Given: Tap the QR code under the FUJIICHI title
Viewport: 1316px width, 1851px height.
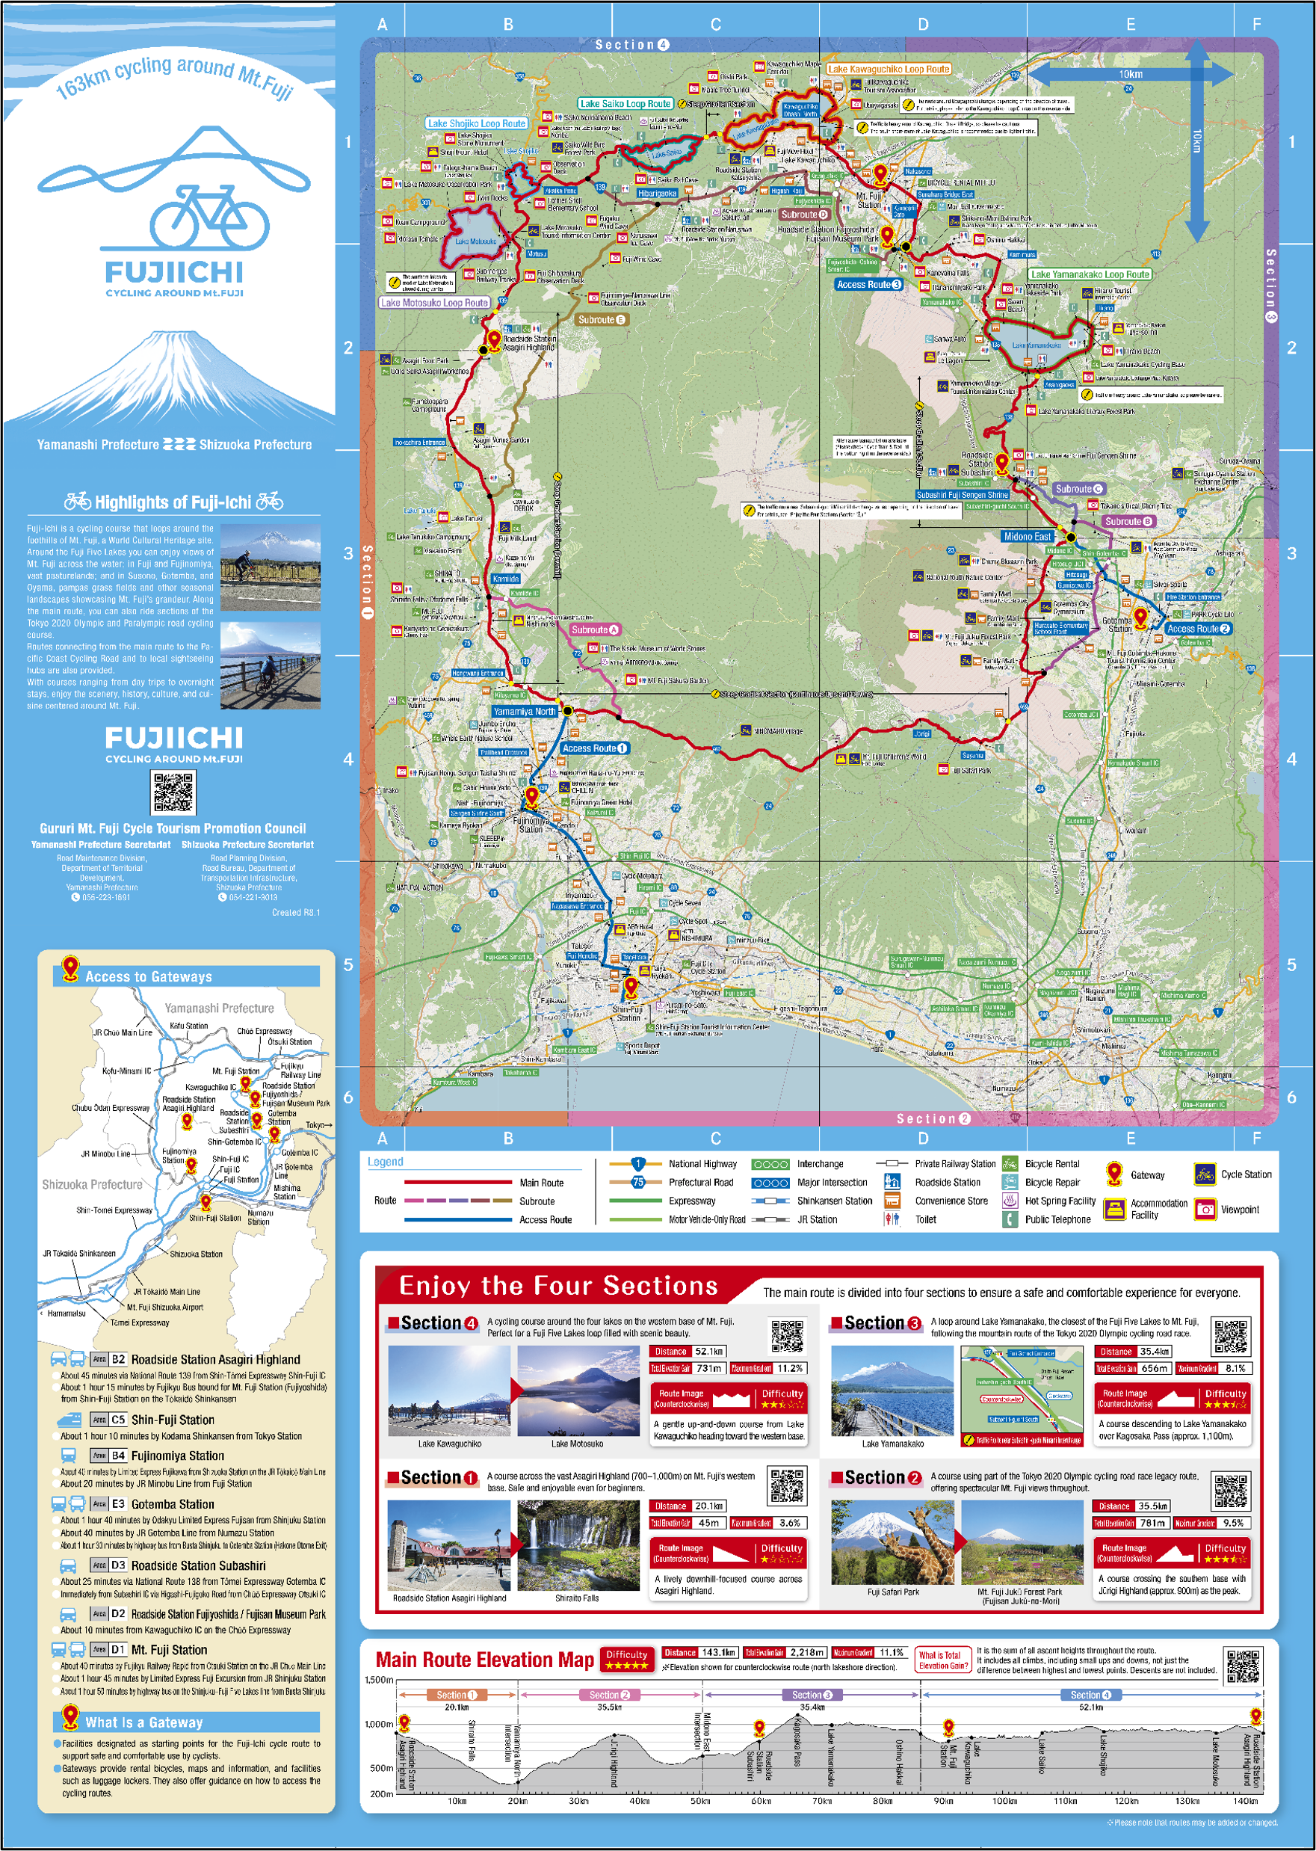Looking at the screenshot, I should tap(173, 792).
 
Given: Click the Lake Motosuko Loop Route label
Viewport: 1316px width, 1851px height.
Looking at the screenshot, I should tap(434, 303).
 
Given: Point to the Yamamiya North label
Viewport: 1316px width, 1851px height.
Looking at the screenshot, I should tap(525, 712).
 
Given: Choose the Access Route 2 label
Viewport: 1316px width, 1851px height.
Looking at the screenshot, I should tap(1199, 629).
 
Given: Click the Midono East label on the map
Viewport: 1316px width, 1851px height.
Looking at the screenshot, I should tap(1027, 537).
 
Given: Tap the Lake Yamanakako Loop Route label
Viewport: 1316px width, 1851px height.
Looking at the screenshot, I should tap(1090, 274).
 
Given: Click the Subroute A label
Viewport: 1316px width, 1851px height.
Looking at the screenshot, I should tap(595, 629).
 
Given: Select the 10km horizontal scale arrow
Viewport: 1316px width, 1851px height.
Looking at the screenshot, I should tap(1131, 76).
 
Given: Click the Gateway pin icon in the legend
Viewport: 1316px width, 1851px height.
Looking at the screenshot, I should tap(1114, 1173).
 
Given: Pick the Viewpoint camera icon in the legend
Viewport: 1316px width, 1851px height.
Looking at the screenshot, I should tap(1205, 1209).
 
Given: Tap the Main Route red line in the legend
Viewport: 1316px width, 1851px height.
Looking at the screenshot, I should tap(458, 1183).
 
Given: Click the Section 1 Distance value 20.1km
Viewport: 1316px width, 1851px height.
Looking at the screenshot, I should tap(708, 1506).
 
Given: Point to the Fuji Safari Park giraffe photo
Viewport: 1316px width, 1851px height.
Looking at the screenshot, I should tap(893, 1542).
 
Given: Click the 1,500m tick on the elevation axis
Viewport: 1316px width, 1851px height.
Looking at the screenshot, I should tap(379, 1680).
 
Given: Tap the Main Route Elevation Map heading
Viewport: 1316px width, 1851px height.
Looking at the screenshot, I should tap(484, 1660).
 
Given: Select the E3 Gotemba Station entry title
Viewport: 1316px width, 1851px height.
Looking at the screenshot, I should tap(173, 1504).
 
